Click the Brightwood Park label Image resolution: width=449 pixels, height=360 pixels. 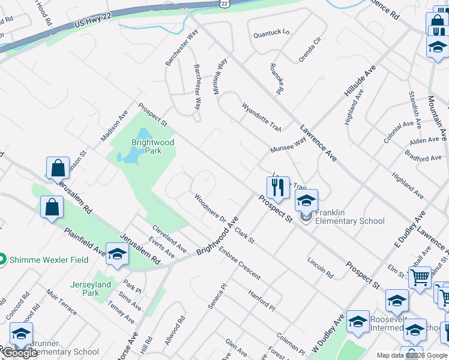tap(153, 146)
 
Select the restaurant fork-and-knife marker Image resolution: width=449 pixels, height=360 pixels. tap(278, 188)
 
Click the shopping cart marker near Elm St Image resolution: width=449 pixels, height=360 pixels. tap(420, 278)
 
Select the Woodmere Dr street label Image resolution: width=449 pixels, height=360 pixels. tap(209, 208)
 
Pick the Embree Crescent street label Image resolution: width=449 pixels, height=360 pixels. tap(240, 263)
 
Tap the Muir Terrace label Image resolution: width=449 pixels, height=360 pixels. tap(61, 310)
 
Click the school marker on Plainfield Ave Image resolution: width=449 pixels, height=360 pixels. tap(118, 254)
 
